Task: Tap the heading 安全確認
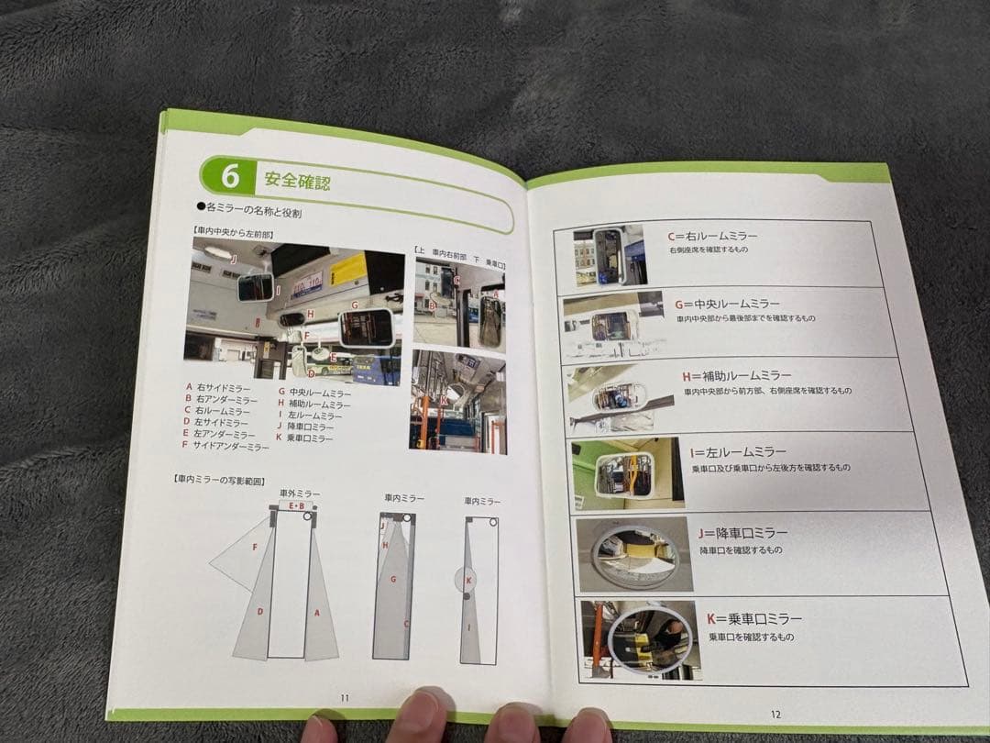click(297, 180)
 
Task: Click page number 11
click(345, 697)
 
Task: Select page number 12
click(775, 714)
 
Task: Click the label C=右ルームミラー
click(712, 237)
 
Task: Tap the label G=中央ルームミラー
click(727, 304)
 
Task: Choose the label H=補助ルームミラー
click(736, 376)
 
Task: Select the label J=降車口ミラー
click(742, 533)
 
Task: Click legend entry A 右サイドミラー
click(216, 387)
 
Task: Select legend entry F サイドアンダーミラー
click(225, 446)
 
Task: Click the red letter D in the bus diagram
click(260, 611)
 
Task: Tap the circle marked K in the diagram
click(467, 581)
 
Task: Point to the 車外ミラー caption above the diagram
click(300, 493)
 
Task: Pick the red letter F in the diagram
click(254, 548)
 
